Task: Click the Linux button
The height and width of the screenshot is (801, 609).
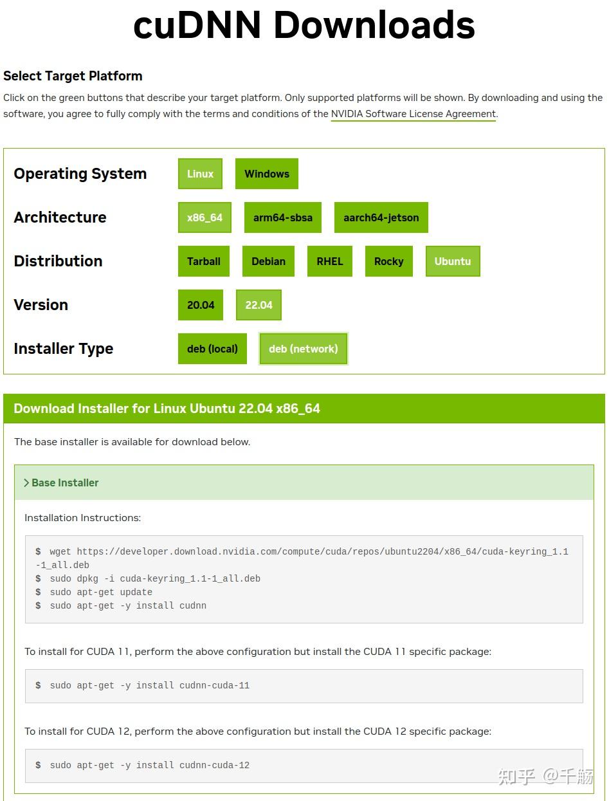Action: (200, 174)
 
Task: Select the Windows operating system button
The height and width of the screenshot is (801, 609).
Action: (266, 174)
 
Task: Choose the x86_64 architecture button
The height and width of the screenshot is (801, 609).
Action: (205, 217)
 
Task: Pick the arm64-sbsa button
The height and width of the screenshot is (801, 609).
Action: (282, 217)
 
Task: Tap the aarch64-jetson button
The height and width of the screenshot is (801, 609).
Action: (381, 217)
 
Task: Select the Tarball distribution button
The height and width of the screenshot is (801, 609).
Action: (203, 261)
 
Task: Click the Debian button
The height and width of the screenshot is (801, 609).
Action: (268, 261)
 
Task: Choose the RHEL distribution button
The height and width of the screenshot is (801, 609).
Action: (329, 261)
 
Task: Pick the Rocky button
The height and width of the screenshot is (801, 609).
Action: (388, 261)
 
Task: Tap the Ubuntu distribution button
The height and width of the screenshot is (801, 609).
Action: (452, 261)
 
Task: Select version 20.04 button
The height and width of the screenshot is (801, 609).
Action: (200, 305)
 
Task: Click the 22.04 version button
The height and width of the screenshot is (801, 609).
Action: (259, 305)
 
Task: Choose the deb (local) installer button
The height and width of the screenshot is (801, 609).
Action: (212, 349)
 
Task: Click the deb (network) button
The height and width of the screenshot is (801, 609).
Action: (303, 349)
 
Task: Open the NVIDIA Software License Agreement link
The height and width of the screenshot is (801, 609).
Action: (413, 115)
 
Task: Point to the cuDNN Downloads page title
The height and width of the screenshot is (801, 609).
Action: (304, 26)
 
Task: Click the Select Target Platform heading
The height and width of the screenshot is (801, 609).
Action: (73, 76)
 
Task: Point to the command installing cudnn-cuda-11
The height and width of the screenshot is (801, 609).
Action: (149, 685)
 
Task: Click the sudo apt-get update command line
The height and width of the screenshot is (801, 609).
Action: (101, 592)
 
